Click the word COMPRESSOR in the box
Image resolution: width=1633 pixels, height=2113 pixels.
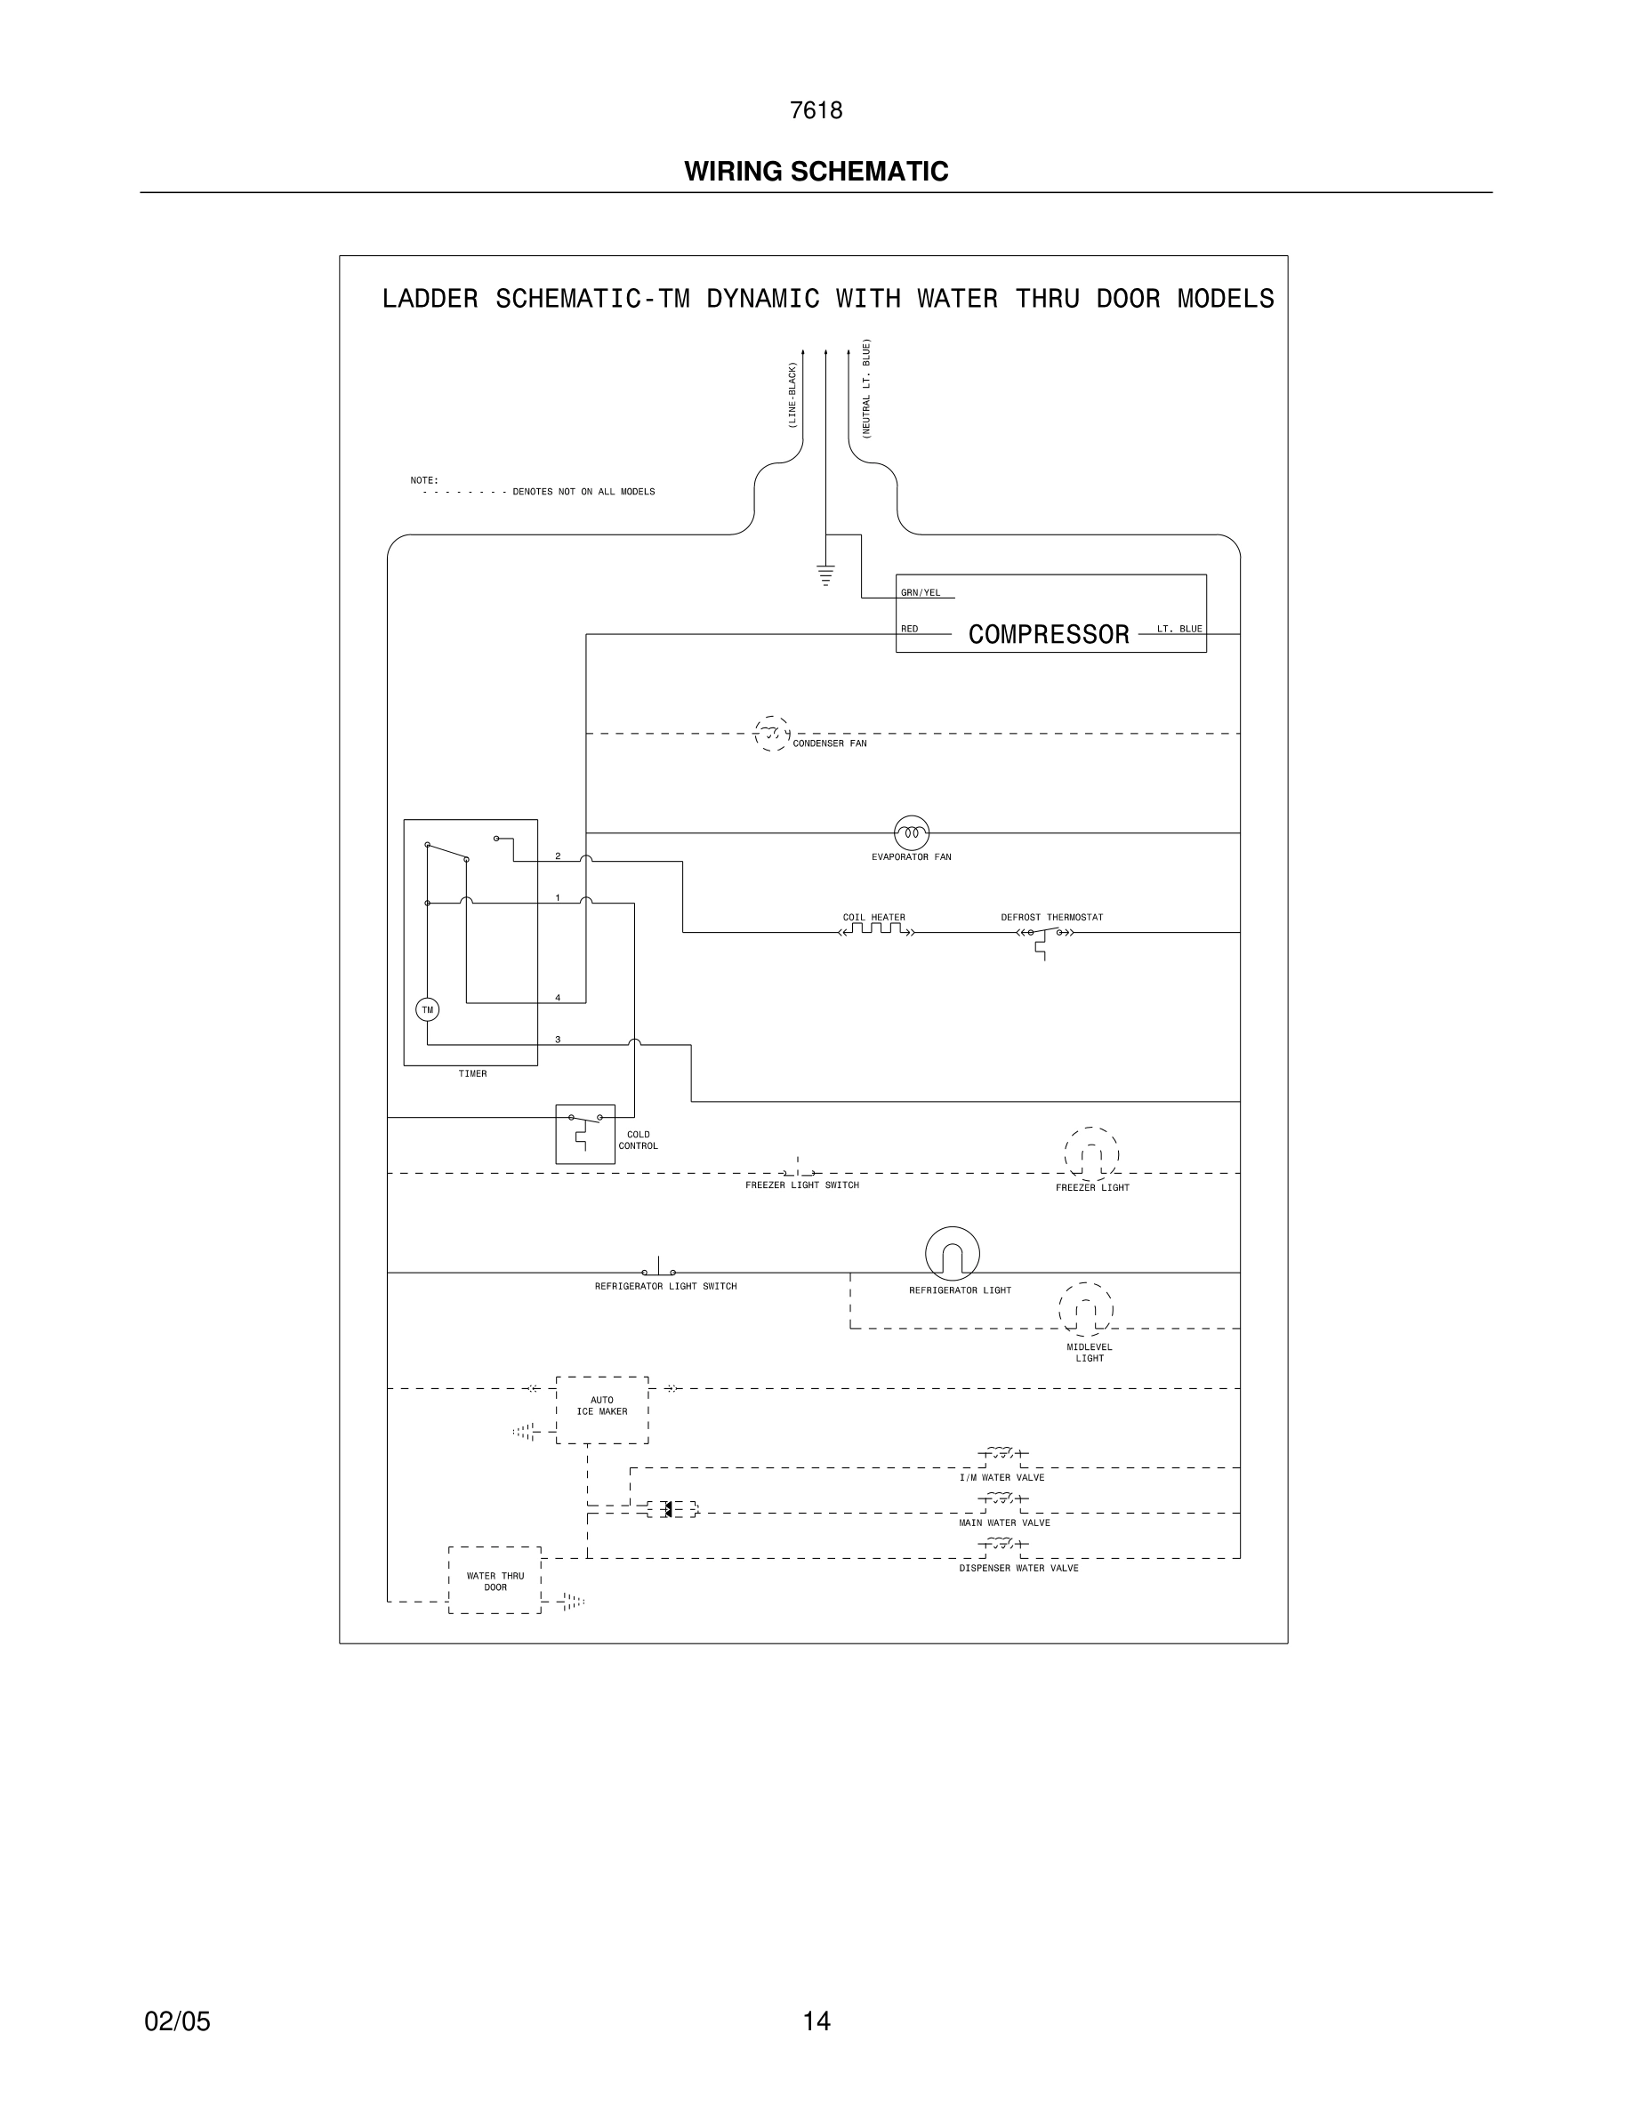click(1049, 635)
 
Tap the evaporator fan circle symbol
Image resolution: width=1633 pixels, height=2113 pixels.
click(912, 832)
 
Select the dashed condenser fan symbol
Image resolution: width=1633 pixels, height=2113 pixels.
click(771, 735)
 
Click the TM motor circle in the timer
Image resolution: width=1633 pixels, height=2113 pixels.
click(427, 1010)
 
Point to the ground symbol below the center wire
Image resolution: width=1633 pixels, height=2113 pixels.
click(825, 574)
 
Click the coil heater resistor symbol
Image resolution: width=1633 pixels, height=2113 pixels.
click(876, 931)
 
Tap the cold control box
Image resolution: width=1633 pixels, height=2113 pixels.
click(585, 1134)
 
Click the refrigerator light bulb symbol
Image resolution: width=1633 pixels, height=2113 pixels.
click(952, 1254)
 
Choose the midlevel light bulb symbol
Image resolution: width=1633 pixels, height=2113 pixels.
click(1085, 1310)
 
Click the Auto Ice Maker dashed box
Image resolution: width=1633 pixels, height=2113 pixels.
click(602, 1410)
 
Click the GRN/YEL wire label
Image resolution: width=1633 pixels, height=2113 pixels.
click(920, 593)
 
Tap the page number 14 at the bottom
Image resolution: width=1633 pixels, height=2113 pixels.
click(816, 2021)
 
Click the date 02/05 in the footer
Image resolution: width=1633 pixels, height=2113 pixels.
click(177, 2021)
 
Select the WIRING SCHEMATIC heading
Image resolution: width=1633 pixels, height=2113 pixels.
click(816, 172)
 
